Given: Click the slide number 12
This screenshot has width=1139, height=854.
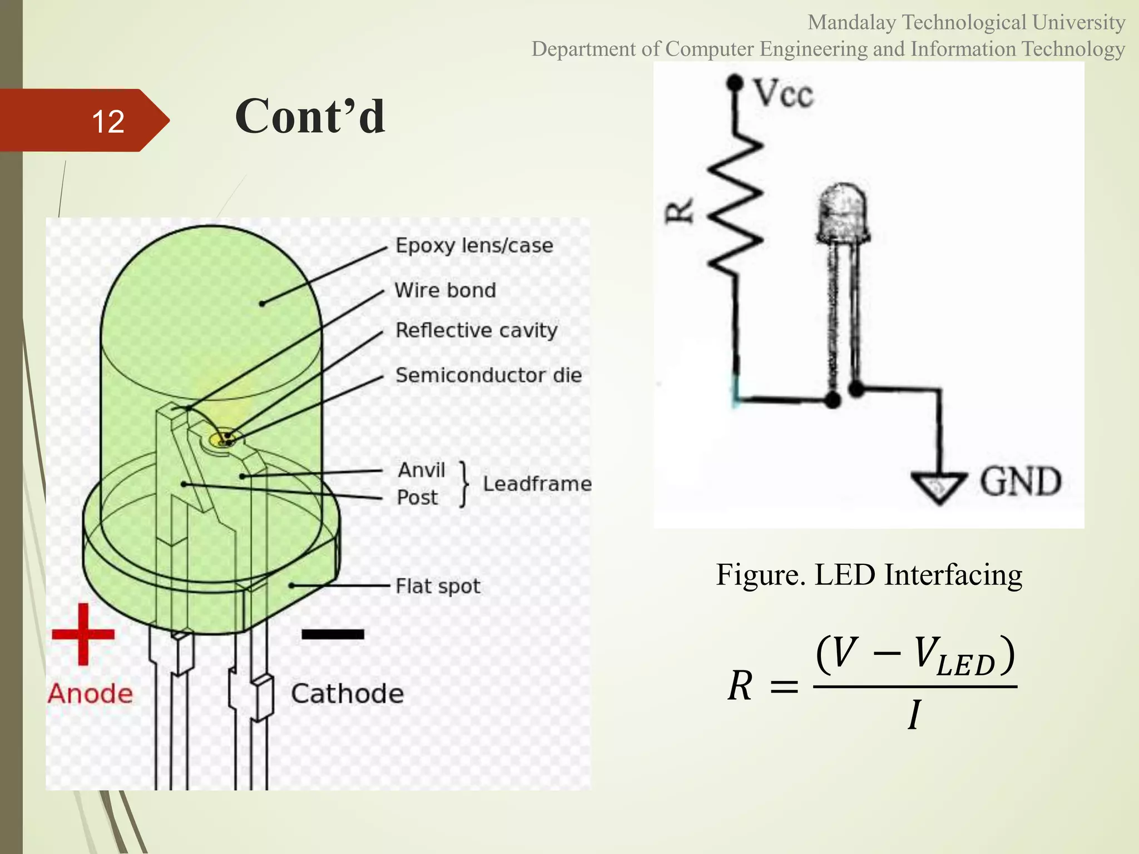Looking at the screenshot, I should [x=108, y=121].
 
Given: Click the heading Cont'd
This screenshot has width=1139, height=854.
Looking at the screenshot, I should [x=310, y=116].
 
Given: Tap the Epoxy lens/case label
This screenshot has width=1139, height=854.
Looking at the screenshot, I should [x=474, y=246].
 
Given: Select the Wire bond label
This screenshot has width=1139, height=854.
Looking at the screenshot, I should [x=445, y=290].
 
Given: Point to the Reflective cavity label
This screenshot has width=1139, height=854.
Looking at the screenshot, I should [x=476, y=330].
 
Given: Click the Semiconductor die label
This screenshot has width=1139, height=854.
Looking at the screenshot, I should [x=488, y=375].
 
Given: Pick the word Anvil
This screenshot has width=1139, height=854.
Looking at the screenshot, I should [x=422, y=470].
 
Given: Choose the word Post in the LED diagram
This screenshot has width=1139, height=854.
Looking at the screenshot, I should [x=417, y=498].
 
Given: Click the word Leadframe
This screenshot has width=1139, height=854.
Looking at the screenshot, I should [x=537, y=484].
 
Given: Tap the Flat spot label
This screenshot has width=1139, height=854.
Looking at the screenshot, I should [x=438, y=587].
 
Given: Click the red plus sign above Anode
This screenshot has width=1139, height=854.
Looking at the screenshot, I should [x=83, y=634].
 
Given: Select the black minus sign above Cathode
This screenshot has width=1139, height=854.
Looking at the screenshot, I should [x=333, y=634].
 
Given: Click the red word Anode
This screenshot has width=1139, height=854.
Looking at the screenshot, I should [x=90, y=694].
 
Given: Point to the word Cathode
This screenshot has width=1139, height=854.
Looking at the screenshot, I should [x=347, y=694].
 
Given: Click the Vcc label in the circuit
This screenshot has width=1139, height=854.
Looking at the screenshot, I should [x=783, y=93].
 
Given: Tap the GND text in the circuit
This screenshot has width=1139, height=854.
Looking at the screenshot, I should [x=1020, y=481].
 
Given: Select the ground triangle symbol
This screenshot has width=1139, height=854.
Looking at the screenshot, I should [x=939, y=486].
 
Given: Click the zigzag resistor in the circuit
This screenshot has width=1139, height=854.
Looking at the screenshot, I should [x=735, y=206].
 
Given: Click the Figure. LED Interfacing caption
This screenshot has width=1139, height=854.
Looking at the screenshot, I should [x=869, y=574].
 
